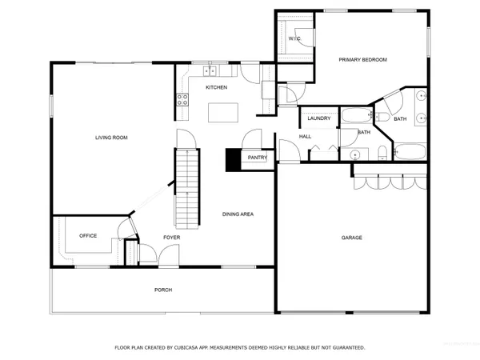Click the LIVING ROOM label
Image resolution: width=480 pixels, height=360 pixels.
(111, 138)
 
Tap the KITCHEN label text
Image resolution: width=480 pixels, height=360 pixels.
(217, 87)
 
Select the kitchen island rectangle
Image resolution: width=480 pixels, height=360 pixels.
(222, 113)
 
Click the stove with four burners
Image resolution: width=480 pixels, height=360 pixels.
(182, 100)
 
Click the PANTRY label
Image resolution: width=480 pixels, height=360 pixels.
(257, 158)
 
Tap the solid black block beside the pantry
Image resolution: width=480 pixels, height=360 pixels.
(234, 160)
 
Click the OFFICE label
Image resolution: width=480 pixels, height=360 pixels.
(88, 236)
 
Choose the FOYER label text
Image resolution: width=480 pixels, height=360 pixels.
(172, 238)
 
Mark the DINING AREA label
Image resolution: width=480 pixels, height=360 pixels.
(238, 214)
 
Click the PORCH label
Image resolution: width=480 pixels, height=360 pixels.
(163, 290)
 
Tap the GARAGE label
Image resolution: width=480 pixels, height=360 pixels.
(352, 238)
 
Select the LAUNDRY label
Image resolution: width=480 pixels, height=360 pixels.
(319, 118)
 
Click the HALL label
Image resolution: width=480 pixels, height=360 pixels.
(305, 137)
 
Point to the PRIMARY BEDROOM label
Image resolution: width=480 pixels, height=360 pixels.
(362, 60)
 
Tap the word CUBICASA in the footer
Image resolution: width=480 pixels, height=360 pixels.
(197, 348)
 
